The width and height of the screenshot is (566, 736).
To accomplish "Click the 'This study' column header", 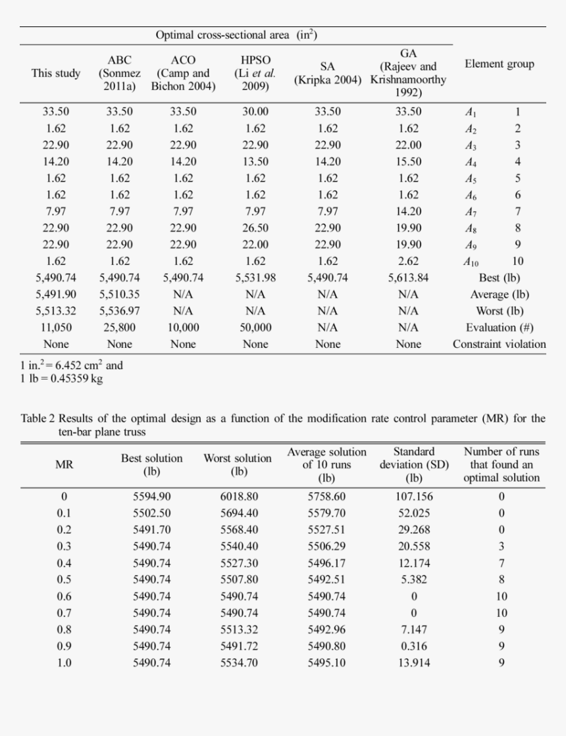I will coord(56,73).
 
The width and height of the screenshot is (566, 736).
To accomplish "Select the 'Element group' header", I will coord(500,64).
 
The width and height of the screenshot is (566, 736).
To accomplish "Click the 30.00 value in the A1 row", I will coord(255,112).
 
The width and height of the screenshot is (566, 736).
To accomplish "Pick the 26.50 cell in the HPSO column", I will coord(255,228).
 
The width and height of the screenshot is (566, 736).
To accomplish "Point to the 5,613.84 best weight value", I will coord(408,278).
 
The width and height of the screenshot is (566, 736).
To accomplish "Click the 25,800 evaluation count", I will coord(120,327).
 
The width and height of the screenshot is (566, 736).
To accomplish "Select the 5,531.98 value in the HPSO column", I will coord(255,278).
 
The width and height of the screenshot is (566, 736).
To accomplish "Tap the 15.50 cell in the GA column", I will coord(408,161).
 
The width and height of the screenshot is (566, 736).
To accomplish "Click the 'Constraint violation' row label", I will coord(500,343).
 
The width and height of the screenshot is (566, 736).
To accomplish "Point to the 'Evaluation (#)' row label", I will coord(500,327).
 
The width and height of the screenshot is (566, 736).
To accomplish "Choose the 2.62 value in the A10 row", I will coord(408,261).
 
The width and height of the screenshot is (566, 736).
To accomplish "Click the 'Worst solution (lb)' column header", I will coord(238,464).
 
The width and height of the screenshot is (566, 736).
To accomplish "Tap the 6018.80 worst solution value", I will coord(239,497).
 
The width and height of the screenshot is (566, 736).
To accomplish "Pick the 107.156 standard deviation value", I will coord(414,497).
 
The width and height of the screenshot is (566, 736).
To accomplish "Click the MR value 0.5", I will coord(64,579).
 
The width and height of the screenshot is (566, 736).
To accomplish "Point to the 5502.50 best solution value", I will coord(151,513).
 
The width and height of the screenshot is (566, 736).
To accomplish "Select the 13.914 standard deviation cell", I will coord(414,662).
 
